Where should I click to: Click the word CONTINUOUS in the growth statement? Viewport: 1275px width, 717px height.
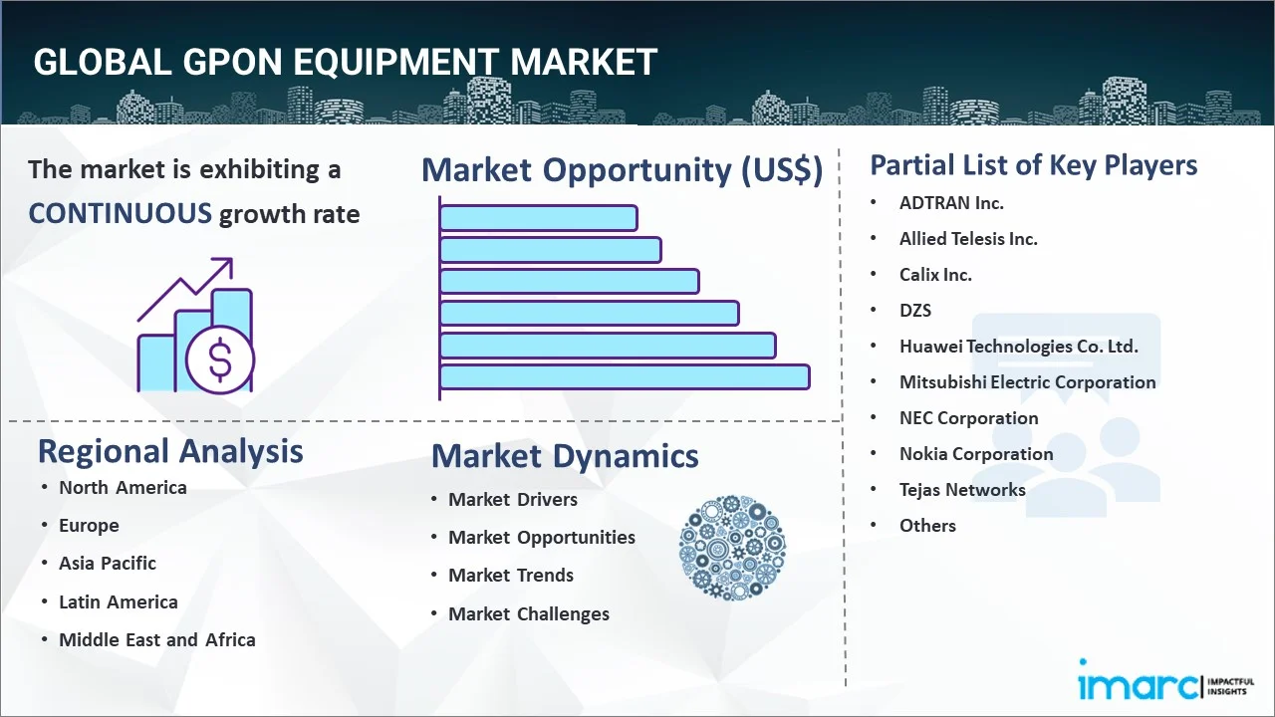[x=121, y=214]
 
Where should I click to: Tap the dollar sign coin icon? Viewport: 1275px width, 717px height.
[x=220, y=359]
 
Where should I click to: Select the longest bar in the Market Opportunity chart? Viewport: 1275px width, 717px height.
[x=625, y=377]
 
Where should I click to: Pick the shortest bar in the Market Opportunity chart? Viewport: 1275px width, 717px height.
[x=539, y=218]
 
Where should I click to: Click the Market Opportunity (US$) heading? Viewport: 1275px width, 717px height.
[x=623, y=170]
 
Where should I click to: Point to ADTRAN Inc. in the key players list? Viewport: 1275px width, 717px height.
[x=951, y=203]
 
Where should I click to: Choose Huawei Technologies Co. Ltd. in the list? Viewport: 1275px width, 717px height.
[x=1018, y=346]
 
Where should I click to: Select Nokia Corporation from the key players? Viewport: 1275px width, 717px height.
[x=976, y=454]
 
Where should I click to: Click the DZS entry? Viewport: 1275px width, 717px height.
[x=915, y=311]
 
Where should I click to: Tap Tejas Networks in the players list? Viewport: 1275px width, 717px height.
[x=962, y=490]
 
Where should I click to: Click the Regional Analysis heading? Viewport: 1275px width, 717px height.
[x=170, y=452]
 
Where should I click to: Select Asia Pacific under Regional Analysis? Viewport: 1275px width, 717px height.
[x=108, y=564]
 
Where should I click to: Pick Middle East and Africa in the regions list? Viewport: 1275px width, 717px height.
[x=157, y=640]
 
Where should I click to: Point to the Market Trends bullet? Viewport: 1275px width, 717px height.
[x=511, y=576]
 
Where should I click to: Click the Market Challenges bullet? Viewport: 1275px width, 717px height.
[x=529, y=614]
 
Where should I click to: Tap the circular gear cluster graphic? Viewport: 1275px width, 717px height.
[x=732, y=548]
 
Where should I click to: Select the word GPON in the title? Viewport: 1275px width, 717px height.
[x=232, y=62]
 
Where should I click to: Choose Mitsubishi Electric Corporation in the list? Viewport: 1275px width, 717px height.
[x=1027, y=382]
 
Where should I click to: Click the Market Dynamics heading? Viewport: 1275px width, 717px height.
[x=565, y=456]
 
